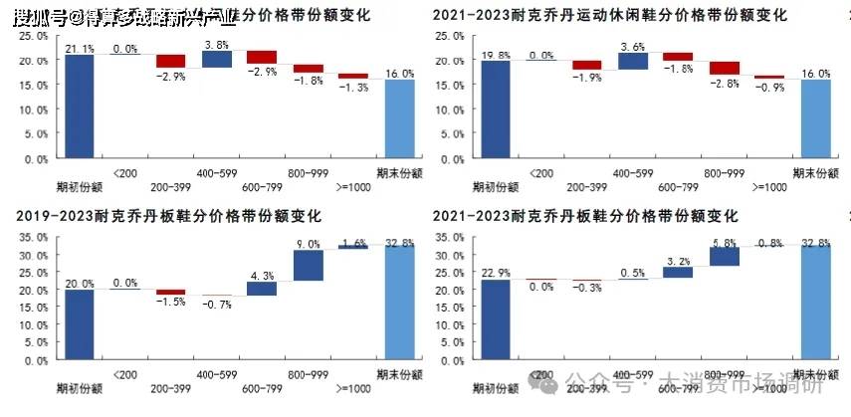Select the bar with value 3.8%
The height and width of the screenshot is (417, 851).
(216, 60)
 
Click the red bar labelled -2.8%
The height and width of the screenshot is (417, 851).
(725, 68)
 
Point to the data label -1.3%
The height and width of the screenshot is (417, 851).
(353, 88)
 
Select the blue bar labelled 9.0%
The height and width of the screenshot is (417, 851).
(308, 265)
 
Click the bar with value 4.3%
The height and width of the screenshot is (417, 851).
(262, 289)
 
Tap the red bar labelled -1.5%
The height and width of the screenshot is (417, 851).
(170, 292)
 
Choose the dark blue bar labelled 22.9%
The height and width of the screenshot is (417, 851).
(497, 319)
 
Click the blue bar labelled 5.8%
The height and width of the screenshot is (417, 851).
(724, 257)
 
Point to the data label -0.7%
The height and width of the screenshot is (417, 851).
(216, 305)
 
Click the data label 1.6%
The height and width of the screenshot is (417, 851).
(353, 242)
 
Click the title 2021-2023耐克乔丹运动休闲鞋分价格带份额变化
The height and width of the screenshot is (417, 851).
(609, 17)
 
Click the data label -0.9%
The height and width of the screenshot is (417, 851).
(769, 88)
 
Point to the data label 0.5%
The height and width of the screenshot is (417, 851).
(633, 273)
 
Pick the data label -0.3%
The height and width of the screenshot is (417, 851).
(587, 288)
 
